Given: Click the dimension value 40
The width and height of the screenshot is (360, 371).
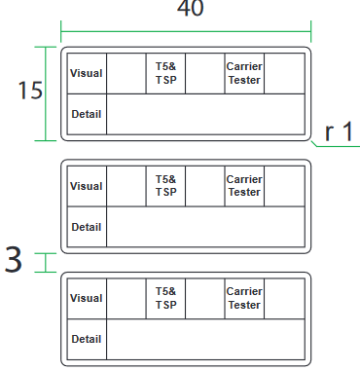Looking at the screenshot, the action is click(x=191, y=8).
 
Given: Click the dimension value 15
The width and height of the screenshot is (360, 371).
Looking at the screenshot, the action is click(x=30, y=90).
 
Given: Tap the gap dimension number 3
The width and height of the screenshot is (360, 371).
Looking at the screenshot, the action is click(x=14, y=259).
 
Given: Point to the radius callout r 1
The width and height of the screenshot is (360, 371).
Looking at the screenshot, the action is click(x=339, y=131).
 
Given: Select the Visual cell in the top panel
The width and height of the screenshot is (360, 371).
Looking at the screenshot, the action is click(x=87, y=73).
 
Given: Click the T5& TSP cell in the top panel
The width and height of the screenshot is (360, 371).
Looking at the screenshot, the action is click(x=165, y=73).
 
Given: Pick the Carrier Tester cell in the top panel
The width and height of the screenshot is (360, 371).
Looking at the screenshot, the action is click(x=244, y=73).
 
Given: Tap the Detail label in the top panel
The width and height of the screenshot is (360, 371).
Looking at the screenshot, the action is click(x=87, y=114).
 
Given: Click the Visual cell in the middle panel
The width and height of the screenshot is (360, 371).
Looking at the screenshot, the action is click(x=87, y=186).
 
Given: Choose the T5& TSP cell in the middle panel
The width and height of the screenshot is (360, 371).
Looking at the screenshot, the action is click(x=165, y=186).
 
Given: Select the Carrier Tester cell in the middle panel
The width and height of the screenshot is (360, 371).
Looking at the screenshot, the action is click(x=244, y=186).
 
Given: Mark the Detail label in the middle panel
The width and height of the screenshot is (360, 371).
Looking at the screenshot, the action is click(x=87, y=227).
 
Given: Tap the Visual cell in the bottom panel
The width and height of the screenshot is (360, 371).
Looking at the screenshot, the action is click(x=87, y=299).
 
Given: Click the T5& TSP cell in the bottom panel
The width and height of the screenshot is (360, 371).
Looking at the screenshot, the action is click(x=165, y=299).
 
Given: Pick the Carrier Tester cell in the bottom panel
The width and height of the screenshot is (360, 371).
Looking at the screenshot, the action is click(x=244, y=299).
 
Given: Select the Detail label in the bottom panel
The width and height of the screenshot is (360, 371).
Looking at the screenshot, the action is click(x=87, y=339).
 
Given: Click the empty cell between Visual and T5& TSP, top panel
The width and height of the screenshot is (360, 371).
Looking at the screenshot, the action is click(x=126, y=73).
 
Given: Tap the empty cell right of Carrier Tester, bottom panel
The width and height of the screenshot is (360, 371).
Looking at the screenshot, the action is click(x=284, y=299).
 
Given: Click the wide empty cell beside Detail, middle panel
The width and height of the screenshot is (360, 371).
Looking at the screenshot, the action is click(x=205, y=227).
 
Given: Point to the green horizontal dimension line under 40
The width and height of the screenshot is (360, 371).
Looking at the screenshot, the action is click(x=186, y=32).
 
